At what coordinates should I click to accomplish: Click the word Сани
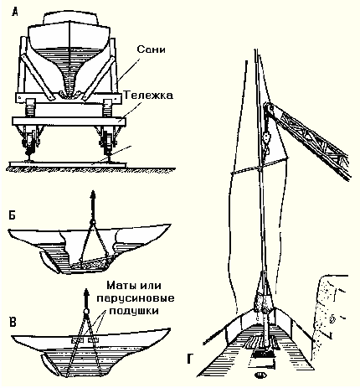pos(151,49)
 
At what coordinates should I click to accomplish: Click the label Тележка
pos(148,96)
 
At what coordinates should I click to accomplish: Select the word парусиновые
pos(136,299)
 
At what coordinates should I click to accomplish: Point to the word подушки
pos(134,311)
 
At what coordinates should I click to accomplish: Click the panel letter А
pos(15,12)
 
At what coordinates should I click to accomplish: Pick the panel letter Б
pos(12,216)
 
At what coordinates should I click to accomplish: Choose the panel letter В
pos(13,322)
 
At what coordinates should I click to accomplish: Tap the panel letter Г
pos(190,359)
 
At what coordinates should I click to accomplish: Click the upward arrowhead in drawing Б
pos(93,194)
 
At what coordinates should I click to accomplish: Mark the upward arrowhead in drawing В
pos(86,293)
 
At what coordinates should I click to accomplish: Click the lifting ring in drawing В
pos(86,311)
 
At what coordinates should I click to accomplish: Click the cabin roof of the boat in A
pos(71,18)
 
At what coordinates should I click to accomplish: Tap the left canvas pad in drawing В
pos(77,340)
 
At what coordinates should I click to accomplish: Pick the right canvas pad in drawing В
pos(93,340)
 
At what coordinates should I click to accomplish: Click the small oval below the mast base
pos(261,375)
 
